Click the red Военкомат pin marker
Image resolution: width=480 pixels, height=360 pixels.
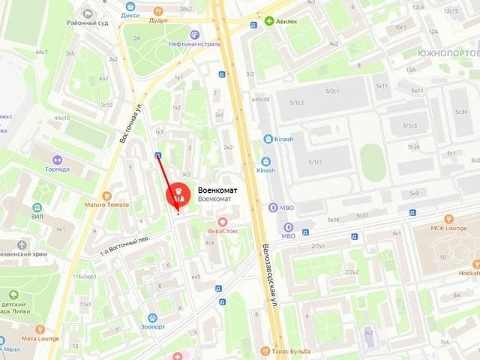pyautogui.click(x=178, y=197)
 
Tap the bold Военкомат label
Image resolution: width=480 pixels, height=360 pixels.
pyautogui.click(x=217, y=190)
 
